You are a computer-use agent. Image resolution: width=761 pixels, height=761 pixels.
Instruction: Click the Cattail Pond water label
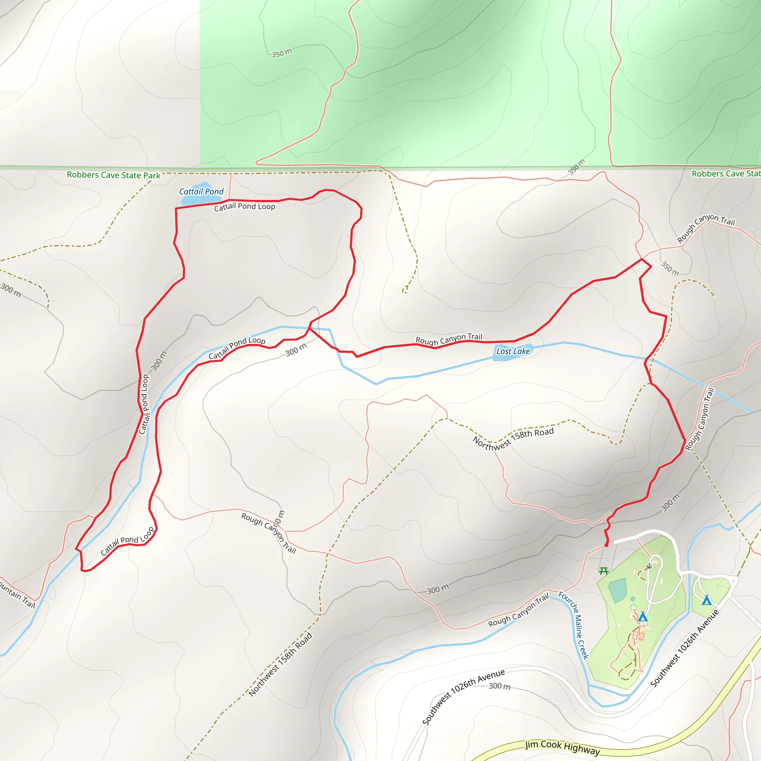201,191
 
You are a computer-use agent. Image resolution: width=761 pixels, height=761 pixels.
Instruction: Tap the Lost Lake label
513,351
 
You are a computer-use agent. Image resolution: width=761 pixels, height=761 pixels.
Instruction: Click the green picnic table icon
603,571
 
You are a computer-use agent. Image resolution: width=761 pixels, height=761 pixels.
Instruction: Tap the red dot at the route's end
606,545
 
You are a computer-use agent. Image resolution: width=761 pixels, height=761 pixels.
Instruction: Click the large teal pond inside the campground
617,590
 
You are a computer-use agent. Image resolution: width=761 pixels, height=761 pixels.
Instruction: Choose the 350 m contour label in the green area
282,53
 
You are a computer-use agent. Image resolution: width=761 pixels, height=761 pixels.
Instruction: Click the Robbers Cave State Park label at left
113,175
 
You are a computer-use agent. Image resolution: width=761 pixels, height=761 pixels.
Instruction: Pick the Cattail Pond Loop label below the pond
245,206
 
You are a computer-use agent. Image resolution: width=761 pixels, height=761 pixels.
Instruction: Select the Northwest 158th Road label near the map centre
513,438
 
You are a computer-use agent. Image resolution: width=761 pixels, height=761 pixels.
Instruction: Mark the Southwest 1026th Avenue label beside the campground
684,648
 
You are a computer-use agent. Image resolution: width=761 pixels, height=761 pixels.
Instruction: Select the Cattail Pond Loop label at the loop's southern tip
127,541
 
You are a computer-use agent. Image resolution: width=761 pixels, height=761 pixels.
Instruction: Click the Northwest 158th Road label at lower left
281,664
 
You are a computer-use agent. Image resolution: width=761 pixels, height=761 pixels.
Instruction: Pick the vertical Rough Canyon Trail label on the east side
700,419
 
